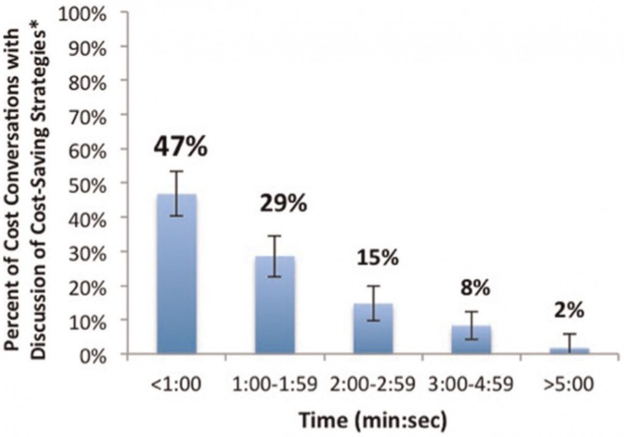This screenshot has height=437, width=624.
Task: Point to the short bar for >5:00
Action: [569, 351]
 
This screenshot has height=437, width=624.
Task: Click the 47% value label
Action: [180, 147]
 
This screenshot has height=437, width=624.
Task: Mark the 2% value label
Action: [569, 310]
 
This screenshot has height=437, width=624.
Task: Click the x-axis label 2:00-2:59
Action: [373, 386]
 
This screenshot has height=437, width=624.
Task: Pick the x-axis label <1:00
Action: [176, 386]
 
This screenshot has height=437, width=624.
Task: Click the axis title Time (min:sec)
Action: [373, 418]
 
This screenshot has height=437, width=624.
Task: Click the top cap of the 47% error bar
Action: [177, 171]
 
